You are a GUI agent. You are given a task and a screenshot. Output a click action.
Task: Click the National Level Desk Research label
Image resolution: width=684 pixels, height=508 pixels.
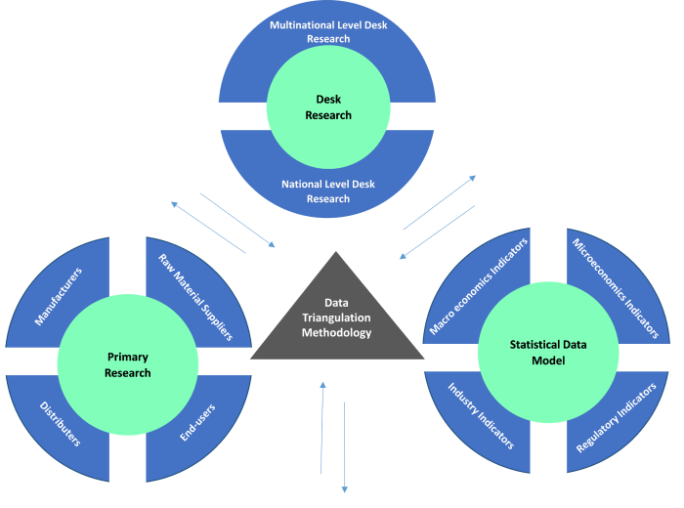pyautogui.click(x=328, y=191)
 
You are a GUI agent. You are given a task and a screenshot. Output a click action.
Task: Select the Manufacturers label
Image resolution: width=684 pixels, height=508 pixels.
pyautogui.click(x=59, y=296)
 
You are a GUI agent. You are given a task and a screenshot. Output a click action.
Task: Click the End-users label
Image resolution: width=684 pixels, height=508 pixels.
pyautogui.click(x=197, y=421)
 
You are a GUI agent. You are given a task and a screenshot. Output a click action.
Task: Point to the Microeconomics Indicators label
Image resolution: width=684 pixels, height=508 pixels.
pyautogui.click(x=615, y=288)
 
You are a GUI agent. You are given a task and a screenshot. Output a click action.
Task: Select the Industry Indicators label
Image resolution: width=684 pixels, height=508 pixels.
pyautogui.click(x=481, y=416)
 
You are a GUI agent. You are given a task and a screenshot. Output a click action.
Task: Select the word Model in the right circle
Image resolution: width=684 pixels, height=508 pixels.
pyautogui.click(x=545, y=360)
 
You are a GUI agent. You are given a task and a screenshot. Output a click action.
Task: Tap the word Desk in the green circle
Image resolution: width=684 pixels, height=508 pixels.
pyautogui.click(x=328, y=100)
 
